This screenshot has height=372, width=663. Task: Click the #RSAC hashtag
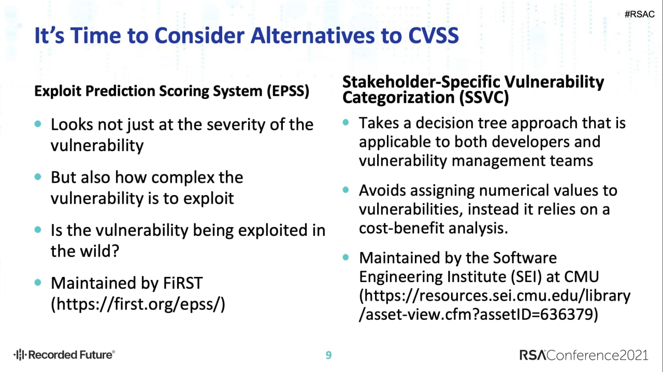[639, 14]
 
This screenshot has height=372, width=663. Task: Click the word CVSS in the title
[434, 36]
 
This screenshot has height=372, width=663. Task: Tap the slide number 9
[328, 355]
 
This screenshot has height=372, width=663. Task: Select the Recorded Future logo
[64, 354]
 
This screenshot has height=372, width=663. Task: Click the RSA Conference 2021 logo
[584, 355]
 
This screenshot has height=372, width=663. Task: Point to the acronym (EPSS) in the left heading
[288, 91]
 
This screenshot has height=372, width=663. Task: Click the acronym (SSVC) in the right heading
[484, 98]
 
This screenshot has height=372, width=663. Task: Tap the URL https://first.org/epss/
[138, 304]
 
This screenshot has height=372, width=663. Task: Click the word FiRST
[183, 283]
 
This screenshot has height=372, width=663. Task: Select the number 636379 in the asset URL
[565, 314]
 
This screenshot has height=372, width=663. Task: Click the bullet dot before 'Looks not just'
[38, 124]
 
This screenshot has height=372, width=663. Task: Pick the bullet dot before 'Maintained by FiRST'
[38, 282]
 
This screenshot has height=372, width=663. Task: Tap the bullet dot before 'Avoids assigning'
[345, 189]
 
